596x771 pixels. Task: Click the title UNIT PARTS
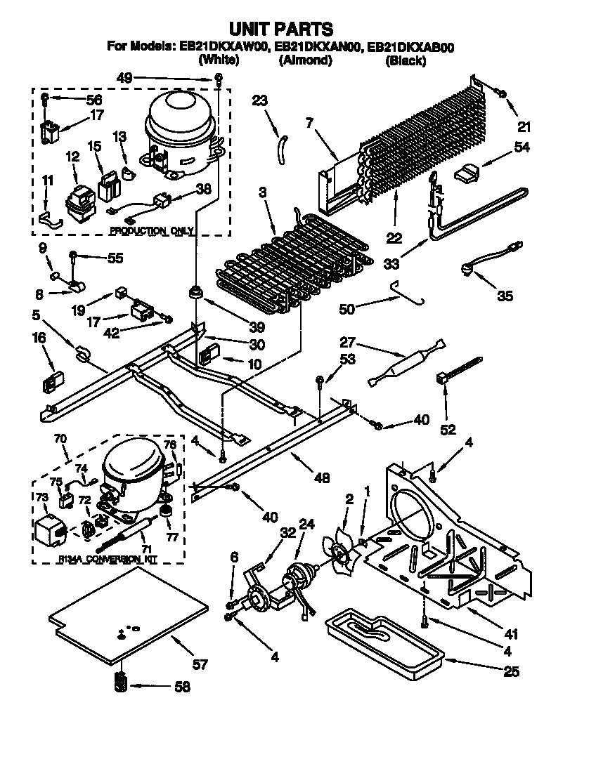281,29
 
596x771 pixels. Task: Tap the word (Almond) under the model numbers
305,60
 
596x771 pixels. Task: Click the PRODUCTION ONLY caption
151,230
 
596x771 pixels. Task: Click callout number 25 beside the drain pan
511,672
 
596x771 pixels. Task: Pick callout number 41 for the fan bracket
510,635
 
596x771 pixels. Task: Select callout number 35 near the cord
505,296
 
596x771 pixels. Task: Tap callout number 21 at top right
524,127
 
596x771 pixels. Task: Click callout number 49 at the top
124,79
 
